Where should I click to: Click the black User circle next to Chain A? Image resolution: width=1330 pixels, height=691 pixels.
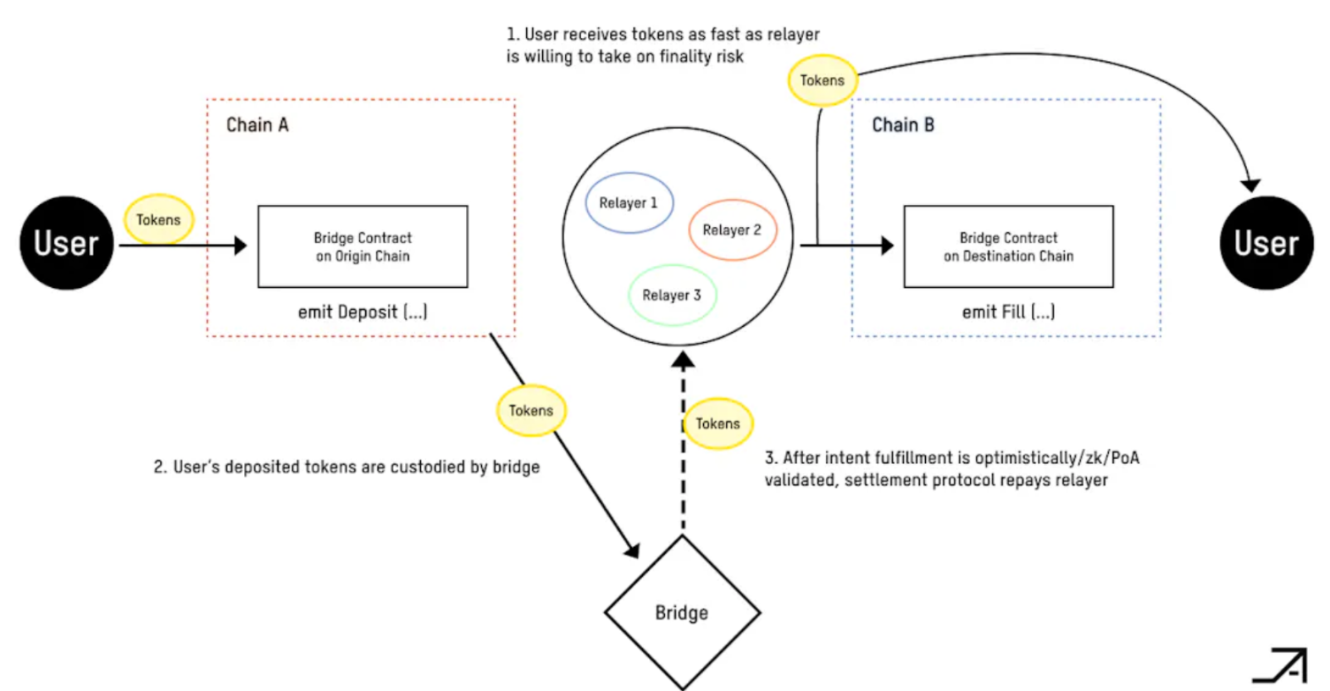pyautogui.click(x=66, y=243)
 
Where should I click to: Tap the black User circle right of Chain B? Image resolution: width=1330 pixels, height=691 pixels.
pyautogui.click(x=1266, y=243)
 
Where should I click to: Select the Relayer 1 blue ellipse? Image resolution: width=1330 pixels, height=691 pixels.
pyautogui.click(x=629, y=203)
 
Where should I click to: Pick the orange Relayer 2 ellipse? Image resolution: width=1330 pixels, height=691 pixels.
pyautogui.click(x=732, y=229)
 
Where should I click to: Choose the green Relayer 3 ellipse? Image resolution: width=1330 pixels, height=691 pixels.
pyautogui.click(x=672, y=295)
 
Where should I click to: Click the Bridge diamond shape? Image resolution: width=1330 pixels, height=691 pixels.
pyautogui.click(x=682, y=612)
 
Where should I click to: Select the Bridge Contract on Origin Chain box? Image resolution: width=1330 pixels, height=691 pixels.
pyautogui.click(x=363, y=246)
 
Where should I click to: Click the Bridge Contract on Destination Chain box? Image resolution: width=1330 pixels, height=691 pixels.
pyautogui.click(x=1008, y=246)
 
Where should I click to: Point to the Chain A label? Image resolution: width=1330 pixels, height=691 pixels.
pyautogui.click(x=257, y=125)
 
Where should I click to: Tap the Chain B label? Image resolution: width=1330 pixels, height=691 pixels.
pyautogui.click(x=903, y=125)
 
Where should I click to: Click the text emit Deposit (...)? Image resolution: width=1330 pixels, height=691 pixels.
pyautogui.click(x=363, y=312)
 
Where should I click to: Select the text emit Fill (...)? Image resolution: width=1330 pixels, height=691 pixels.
pyautogui.click(x=1008, y=312)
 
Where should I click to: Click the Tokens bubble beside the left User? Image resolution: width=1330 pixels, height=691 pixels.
pyautogui.click(x=158, y=219)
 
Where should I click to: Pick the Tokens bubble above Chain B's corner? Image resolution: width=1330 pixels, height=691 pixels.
pyautogui.click(x=823, y=80)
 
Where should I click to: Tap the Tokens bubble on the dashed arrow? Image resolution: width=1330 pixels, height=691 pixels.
pyautogui.click(x=718, y=423)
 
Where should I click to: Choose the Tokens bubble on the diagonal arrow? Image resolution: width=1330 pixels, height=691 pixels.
pyautogui.click(x=531, y=411)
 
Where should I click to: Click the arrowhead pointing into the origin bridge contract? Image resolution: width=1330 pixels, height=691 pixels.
pyautogui.click(x=241, y=246)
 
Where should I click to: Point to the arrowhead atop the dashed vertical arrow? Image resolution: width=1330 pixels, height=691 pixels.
pyautogui.click(x=683, y=361)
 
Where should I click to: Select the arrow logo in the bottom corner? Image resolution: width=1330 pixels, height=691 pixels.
pyautogui.click(x=1281, y=665)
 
